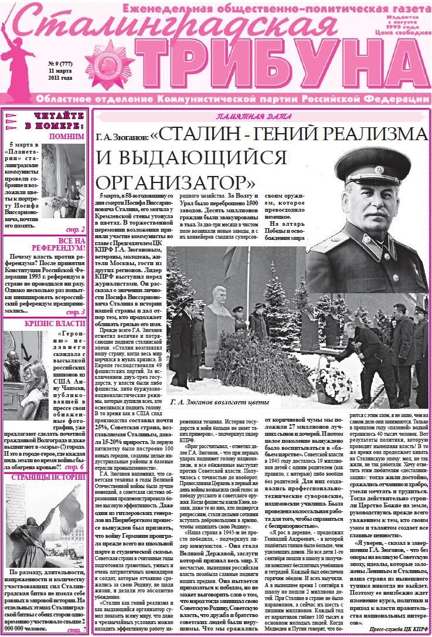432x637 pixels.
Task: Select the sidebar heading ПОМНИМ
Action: click(x=65, y=137)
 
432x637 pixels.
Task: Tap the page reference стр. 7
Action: click(x=76, y=630)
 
